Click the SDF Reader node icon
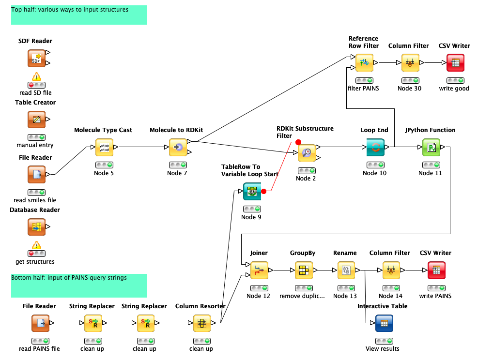pos(36,59)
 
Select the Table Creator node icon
pos(36,120)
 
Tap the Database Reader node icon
pos(36,226)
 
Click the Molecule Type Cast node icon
pos(104,148)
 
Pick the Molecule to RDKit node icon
pos(178,148)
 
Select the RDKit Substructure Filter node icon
pos(306,153)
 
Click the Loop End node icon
pos(375,148)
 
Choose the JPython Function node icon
pos(431,148)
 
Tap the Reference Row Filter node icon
pos(364,63)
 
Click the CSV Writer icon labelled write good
pos(455,63)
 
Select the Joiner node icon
pos(259,270)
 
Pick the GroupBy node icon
pos(304,270)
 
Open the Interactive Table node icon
pos(384,323)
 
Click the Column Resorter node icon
pos(201,323)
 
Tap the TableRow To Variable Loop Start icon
pos(252,191)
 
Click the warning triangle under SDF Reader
pos(36,76)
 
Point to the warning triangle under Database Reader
pos(36,245)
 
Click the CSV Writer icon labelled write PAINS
pos(436,270)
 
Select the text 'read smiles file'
pos(35,200)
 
